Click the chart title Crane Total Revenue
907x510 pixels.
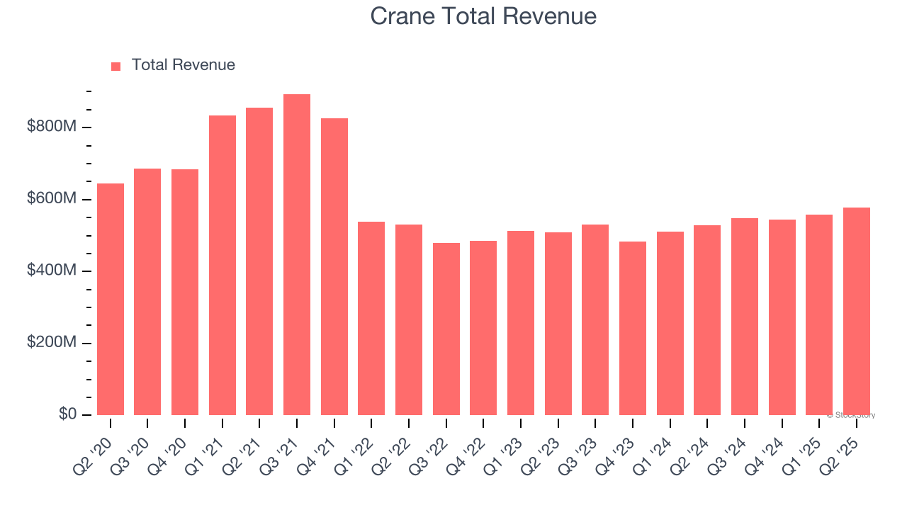pos(483,16)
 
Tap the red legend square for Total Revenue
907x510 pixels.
pos(116,66)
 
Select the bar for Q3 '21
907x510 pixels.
pos(297,255)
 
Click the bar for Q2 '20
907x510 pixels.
pos(111,299)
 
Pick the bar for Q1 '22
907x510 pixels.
pos(371,318)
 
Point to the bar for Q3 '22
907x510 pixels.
pos(446,329)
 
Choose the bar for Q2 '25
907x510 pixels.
pos(857,311)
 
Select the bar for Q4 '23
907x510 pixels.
pos(633,328)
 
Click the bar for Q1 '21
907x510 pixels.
pos(222,265)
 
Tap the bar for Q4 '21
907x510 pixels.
pos(334,266)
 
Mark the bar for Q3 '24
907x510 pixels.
pos(745,317)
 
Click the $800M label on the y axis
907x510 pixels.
pos(50,127)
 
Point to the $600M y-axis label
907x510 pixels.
pos(50,199)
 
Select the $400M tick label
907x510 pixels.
pos(50,271)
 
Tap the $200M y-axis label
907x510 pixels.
pos(50,343)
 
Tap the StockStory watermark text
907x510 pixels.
pos(851,415)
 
